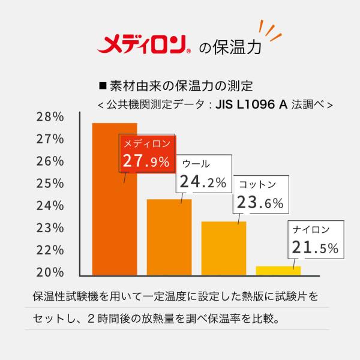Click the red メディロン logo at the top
point(142,44)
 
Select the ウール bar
point(169,237)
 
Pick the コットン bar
point(224,248)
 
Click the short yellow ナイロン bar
point(278,271)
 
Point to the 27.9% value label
point(146,161)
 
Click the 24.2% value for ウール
point(203,182)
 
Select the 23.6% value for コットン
point(260,202)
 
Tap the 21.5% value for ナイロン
point(315,247)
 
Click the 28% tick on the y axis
point(50,117)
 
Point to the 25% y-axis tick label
point(50,184)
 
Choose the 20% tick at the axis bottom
point(50,272)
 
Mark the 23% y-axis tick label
point(50,228)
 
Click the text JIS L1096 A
point(251,104)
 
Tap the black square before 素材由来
point(103,86)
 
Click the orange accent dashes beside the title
point(270,31)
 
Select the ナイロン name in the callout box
point(311,230)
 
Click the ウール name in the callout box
point(196,164)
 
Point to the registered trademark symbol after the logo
point(189,51)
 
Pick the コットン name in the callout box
point(257,185)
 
